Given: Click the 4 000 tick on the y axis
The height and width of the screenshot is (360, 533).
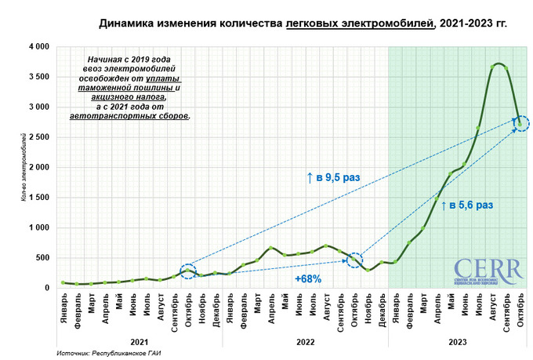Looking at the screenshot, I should pyautogui.click(x=38, y=47).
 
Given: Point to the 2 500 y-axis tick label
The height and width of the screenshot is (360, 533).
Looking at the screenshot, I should pyautogui.click(x=38, y=137).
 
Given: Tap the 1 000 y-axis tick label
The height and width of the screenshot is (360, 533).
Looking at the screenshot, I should pyautogui.click(x=38, y=227).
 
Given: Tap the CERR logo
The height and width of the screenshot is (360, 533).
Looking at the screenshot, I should pyautogui.click(x=487, y=271).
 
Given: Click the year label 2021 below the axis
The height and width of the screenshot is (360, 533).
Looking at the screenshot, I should pyautogui.click(x=139, y=341).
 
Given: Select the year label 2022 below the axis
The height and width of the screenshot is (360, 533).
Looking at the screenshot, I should pyautogui.click(x=303, y=341).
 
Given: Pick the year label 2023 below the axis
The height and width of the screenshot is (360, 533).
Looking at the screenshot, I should pyautogui.click(x=455, y=341).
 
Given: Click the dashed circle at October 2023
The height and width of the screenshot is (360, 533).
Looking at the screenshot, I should pyautogui.click(x=521, y=123).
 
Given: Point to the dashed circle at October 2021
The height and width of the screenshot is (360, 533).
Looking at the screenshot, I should pyautogui.click(x=187, y=271).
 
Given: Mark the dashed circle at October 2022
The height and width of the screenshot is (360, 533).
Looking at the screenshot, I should pyautogui.click(x=354, y=260).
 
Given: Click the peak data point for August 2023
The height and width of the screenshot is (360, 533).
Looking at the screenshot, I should pyautogui.click(x=494, y=65).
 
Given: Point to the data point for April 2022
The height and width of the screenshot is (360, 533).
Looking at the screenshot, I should pyautogui.click(x=271, y=248).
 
